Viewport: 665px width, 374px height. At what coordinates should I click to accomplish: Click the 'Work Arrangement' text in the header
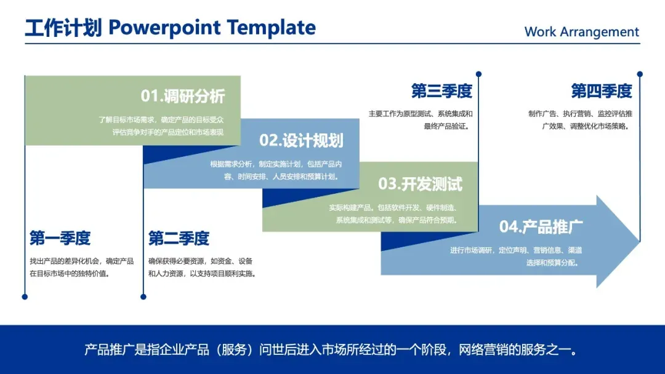tap(581, 32)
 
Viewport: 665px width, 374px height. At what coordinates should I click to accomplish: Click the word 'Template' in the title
tap(272, 28)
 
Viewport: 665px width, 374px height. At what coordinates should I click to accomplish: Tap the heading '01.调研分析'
tap(183, 96)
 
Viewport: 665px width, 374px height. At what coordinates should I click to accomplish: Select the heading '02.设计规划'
tap(301, 141)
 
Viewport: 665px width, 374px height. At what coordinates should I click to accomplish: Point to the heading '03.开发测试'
tap(421, 185)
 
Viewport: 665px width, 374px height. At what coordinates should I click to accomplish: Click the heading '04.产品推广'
tap(541, 226)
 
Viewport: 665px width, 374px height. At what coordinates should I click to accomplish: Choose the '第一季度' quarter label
tap(60, 238)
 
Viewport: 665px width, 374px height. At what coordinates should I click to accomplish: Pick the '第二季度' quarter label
tap(179, 238)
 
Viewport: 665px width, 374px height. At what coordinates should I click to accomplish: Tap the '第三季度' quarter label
tap(441, 91)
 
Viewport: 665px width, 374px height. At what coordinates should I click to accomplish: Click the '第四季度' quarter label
tap(602, 91)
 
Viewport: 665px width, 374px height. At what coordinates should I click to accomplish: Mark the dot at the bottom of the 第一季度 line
tap(25, 297)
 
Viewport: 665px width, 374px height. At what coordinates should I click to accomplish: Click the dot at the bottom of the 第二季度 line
tap(143, 297)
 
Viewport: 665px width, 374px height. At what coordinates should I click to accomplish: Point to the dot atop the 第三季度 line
tap(479, 74)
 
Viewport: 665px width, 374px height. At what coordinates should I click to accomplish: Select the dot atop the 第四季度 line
tap(640, 74)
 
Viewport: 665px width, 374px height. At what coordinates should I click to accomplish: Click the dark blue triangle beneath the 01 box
tap(170, 153)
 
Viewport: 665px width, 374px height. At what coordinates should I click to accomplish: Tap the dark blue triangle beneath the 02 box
tap(288, 196)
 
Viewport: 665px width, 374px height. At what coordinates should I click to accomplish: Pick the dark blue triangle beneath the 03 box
tap(407, 240)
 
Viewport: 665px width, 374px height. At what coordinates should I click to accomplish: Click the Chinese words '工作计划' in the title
tap(63, 28)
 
